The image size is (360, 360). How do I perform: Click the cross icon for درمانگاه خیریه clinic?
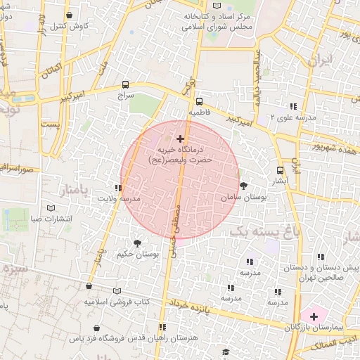click(181, 139)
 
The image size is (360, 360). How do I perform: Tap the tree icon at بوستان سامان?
click(243, 186)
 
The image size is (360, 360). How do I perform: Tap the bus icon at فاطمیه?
click(199, 101)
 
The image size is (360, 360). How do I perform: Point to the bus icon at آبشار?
click(281, 169)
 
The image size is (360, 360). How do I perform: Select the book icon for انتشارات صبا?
click(49, 208)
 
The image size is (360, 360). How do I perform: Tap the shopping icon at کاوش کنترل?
click(68, 15)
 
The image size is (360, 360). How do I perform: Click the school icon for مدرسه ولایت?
click(117, 188)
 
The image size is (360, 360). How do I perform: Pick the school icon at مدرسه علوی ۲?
click(292, 105)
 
